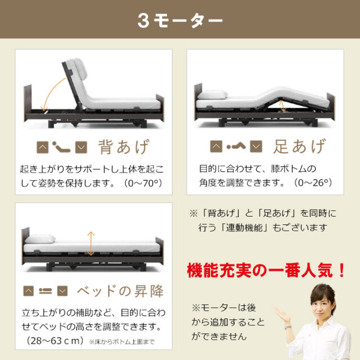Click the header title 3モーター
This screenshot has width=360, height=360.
coord(180,20)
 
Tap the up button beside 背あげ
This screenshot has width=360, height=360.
coord(43,147)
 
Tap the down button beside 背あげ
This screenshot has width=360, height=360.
coord(81,147)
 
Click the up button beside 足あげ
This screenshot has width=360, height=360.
coord(216,146)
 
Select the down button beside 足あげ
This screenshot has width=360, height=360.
coord(256,146)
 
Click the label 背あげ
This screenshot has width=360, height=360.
coord(124,147)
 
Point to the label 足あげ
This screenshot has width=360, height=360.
coord(299,146)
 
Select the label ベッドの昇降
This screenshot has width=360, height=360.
coord(120,291)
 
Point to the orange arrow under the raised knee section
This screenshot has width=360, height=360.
coord(283,106)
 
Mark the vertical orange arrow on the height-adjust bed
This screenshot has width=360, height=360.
coord(91,244)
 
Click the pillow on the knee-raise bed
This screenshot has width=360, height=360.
coord(213,94)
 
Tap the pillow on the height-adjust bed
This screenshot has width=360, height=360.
coord(40,238)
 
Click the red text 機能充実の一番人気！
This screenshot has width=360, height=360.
coord(266,270)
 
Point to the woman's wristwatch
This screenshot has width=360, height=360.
coord(288,327)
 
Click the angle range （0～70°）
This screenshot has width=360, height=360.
coord(143,183)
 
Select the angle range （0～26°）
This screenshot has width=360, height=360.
coord(313,183)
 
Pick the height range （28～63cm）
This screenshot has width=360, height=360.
coord(55,341)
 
